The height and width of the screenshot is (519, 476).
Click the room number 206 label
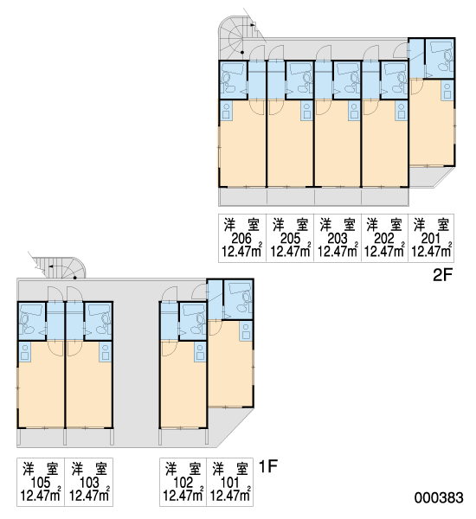[x=241, y=239]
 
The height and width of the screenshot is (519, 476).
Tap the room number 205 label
[x=290, y=239]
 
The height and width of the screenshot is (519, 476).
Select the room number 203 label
[x=338, y=239]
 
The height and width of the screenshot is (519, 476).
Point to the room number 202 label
[x=384, y=239]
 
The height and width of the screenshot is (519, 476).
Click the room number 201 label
[x=431, y=239]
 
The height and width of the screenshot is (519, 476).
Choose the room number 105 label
[x=41, y=483]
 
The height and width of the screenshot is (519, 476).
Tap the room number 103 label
[x=89, y=483]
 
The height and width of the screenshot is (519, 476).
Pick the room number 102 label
[x=183, y=483]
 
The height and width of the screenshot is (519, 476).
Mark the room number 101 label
[x=230, y=483]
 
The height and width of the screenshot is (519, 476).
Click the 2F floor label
[x=442, y=275]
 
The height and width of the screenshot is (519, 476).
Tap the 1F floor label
[x=267, y=467]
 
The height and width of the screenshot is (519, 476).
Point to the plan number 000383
[x=439, y=497]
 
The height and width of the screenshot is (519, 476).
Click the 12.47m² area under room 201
[x=431, y=251]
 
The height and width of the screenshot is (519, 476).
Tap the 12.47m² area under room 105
[x=41, y=496]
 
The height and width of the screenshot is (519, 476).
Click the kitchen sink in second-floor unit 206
[x=227, y=111]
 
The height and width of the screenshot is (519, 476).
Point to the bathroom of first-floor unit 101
[x=238, y=300]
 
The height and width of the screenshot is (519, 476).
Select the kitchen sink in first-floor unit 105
[x=24, y=352]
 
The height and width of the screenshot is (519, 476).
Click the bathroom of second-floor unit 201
[x=440, y=59]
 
